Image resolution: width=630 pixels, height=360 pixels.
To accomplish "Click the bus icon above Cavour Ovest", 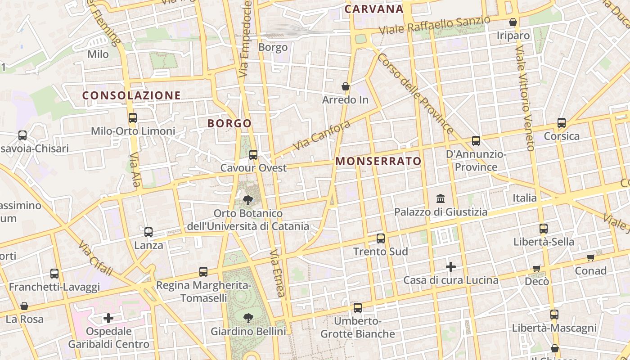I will click(253, 155).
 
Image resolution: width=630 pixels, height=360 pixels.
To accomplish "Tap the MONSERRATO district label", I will click(378, 161).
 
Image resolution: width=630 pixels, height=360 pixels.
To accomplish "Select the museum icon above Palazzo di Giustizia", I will click(441, 198).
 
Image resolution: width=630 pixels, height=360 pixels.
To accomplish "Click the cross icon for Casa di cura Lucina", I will click(451, 267).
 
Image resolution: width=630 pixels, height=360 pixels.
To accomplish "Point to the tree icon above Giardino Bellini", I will click(248, 318).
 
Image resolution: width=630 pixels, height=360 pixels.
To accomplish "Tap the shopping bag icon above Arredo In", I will click(346, 86).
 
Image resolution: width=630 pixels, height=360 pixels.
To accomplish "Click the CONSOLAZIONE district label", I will click(131, 95).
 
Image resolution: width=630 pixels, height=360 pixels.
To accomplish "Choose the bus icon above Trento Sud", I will click(381, 238).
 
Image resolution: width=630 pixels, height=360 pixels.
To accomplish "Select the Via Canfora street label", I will click(321, 135).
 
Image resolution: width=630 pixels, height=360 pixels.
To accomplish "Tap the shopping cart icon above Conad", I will click(591, 257).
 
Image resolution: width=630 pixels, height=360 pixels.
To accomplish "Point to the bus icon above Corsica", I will click(562, 123).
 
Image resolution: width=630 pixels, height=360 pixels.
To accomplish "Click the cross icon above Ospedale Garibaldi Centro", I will click(108, 318).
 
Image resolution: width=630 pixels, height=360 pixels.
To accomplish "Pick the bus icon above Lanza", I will click(148, 232).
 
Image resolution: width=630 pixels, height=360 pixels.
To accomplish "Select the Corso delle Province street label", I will click(415, 94).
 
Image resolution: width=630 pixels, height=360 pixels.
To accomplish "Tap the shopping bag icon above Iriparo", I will click(513, 22).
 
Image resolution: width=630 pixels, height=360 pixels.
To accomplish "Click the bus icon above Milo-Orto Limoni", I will click(133, 118).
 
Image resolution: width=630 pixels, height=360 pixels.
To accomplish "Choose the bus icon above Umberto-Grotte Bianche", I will click(358, 308).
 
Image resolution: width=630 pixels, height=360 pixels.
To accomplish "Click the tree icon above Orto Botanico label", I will click(247, 200).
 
